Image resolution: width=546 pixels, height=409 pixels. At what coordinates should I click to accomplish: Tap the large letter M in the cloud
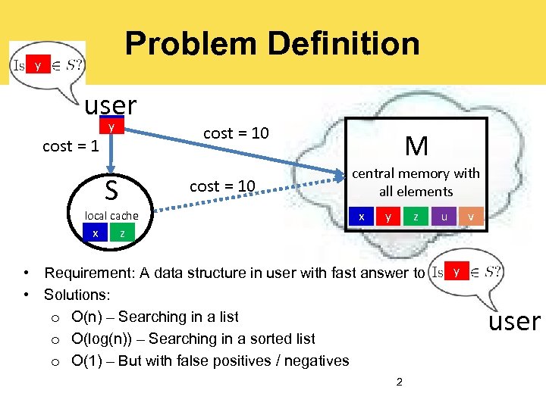pos(416,145)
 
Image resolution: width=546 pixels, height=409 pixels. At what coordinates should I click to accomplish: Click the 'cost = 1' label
pos(71,146)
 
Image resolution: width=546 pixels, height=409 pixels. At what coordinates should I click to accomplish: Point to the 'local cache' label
pos(111,216)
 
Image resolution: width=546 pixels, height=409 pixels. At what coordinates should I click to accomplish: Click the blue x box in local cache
pos(95,233)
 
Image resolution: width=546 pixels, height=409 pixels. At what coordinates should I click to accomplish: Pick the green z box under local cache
pos(122,233)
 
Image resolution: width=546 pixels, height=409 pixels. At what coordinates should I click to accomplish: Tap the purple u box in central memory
pos(444,217)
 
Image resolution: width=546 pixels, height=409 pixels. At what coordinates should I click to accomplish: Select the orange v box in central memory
pos(470,217)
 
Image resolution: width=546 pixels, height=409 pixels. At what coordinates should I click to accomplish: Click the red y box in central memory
pos(388,217)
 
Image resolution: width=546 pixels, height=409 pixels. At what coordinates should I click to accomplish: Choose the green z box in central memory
pos(416,217)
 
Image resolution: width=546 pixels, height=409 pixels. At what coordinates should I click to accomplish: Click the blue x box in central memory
pos(362,217)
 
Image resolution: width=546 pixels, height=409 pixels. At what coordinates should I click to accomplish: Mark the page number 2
pos(399,381)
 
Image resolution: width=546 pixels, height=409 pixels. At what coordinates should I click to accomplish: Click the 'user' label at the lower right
pos(514,321)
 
